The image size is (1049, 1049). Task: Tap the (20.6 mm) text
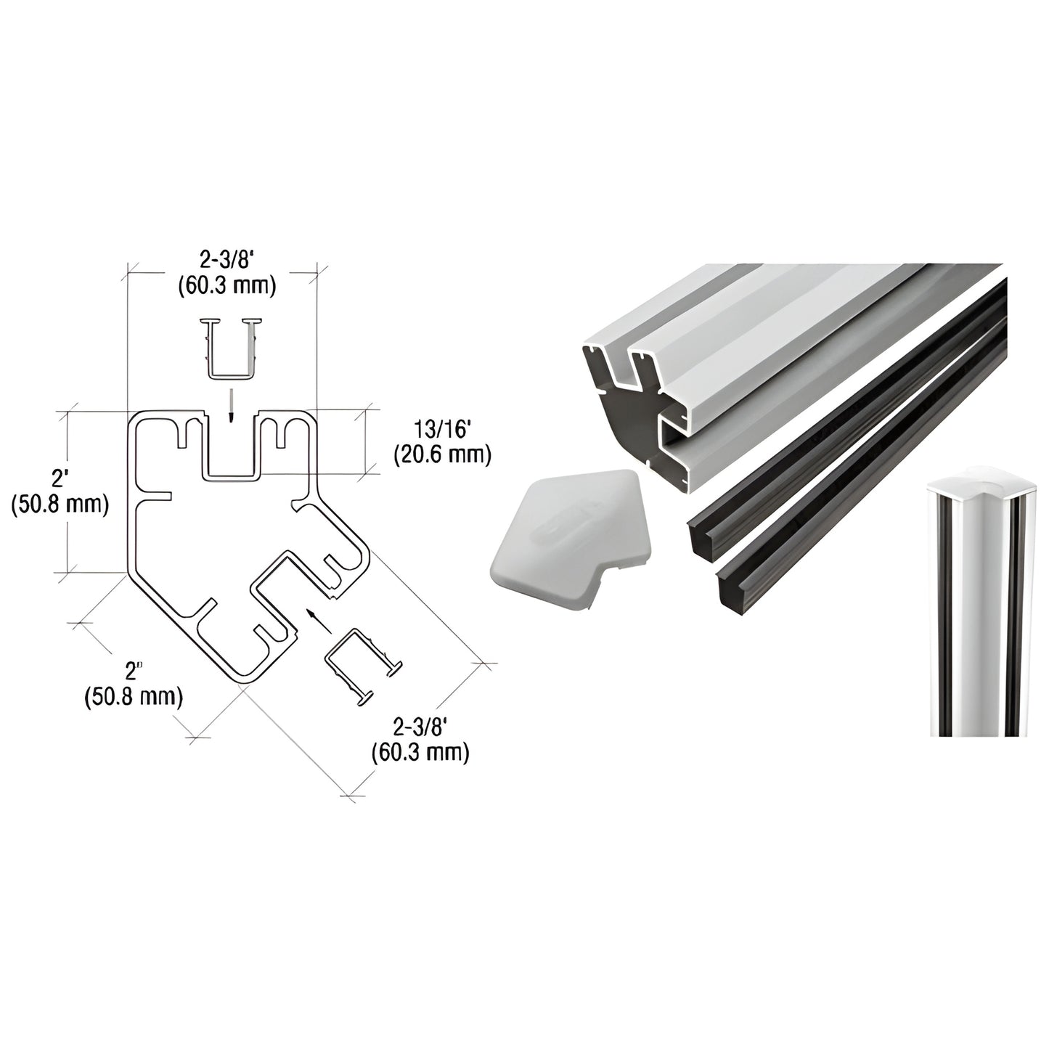[x=443, y=455]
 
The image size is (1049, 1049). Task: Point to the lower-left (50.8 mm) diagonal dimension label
[x=134, y=697]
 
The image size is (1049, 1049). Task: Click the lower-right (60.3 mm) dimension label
[x=420, y=752]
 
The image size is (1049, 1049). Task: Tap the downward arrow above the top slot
[x=229, y=403]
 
